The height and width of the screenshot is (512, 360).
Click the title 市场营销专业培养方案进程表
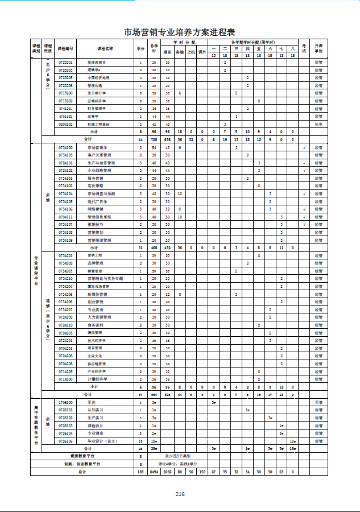click(x=180, y=32)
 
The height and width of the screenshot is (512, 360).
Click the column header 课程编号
click(x=66, y=48)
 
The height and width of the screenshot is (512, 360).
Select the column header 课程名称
click(x=105, y=48)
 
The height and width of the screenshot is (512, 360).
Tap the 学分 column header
click(x=140, y=48)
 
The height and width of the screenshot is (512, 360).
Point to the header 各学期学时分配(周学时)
click(x=253, y=43)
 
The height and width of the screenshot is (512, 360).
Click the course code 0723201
click(x=66, y=62)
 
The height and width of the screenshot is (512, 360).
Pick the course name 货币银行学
click(x=96, y=93)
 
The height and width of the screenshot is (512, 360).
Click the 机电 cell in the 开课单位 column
click(x=318, y=123)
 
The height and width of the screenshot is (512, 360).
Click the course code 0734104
click(x=66, y=193)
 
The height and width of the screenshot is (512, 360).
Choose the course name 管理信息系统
click(x=100, y=217)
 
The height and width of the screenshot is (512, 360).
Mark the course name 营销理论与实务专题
click(x=105, y=279)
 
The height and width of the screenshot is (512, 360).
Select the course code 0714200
click(x=66, y=379)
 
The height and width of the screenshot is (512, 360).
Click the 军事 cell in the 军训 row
click(x=318, y=402)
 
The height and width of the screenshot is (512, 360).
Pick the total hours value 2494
click(x=154, y=472)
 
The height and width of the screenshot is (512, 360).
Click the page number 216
click(x=180, y=494)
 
